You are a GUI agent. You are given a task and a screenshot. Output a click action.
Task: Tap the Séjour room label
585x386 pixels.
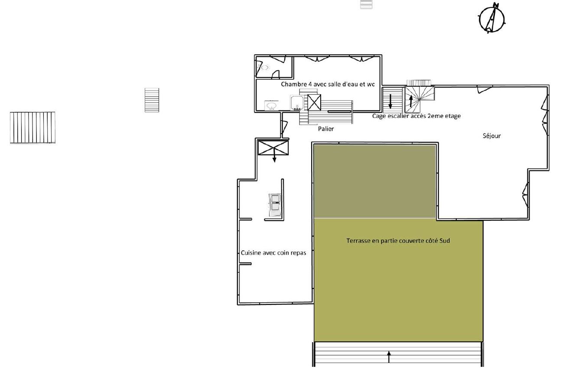coord(491,136)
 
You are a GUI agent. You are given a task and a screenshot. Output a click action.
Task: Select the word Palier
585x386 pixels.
coord(326,128)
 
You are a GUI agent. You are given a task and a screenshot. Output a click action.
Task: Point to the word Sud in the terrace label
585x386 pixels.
coord(445,240)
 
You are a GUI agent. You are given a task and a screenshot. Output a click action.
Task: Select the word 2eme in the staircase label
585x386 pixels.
coord(432,116)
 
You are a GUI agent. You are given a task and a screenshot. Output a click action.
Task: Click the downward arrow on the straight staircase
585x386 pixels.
coord(390,101)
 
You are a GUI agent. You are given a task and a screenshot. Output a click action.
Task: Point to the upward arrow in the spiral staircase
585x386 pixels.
coord(411,101)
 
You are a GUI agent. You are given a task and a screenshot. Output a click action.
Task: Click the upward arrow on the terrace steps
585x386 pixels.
coord(389,357)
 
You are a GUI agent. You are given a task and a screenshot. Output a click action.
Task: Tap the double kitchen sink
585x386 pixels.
coord(275,205)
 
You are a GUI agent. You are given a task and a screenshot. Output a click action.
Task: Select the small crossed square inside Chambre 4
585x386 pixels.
coord(314,102)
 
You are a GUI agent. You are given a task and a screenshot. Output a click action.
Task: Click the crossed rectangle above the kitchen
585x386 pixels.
coord(273,147)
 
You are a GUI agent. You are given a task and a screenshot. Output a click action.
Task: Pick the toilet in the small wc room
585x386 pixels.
coord(264,68)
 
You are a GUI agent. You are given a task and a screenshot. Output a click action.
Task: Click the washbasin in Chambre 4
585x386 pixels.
coord(271,105)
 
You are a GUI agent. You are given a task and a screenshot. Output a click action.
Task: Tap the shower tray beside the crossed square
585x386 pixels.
coord(297,103)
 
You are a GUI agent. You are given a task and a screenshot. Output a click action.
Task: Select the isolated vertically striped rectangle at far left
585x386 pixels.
coord(32,128)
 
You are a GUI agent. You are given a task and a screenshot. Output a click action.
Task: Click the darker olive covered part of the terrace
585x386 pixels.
coord(375,181)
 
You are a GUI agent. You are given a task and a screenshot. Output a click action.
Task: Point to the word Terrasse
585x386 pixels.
coord(358,240)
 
